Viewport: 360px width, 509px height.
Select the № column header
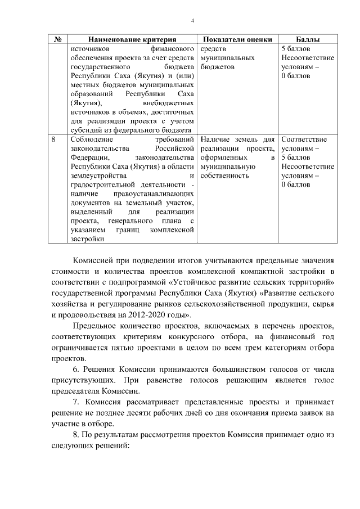pos(57,40)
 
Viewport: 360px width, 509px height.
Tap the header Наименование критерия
pos(132,40)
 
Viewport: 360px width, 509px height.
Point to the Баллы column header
pos(308,40)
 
